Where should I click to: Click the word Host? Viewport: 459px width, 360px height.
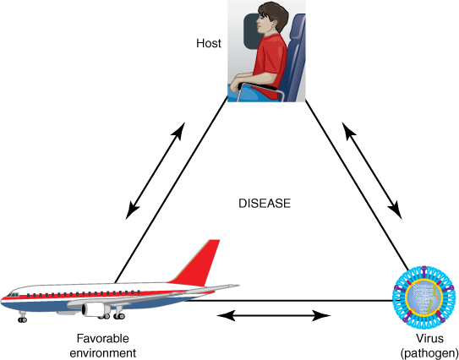pos(209,43)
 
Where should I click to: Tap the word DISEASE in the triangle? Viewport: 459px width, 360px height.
pos(265,204)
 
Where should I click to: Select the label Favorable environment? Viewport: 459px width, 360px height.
pos(103,346)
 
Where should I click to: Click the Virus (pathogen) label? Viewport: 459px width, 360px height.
pos(429,346)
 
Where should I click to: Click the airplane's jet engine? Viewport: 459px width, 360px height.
pos(94,309)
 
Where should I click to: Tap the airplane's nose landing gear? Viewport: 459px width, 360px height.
pos(22,317)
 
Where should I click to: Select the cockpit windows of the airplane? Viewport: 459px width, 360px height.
pos(12,295)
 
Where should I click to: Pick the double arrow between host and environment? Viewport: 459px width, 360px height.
pos(156,171)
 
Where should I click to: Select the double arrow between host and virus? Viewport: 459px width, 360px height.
pos(372,171)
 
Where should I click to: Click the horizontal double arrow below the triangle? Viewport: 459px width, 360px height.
pos(274,316)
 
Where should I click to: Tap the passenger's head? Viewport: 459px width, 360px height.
pos(271,18)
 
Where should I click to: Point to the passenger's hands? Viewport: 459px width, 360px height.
pos(236,85)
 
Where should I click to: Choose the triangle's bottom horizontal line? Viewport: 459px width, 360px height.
pos(288,301)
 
